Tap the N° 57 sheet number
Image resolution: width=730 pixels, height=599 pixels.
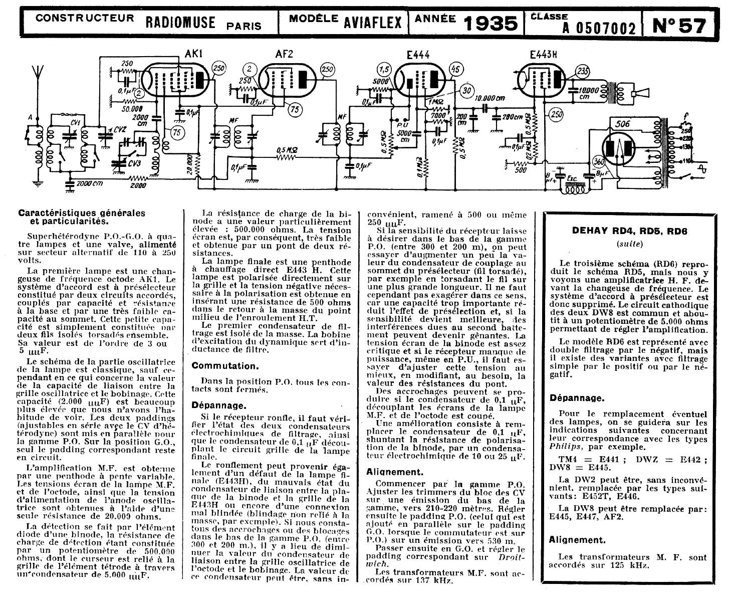[679, 25]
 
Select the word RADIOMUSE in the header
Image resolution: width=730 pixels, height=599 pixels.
[180, 22]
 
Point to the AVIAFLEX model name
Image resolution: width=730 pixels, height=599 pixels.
[373, 22]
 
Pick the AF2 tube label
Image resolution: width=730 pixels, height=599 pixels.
[284, 54]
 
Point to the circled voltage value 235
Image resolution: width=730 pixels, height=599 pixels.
[583, 71]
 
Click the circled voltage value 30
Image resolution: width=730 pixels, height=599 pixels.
[466, 91]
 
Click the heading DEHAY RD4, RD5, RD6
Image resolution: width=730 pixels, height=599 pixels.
[630, 231]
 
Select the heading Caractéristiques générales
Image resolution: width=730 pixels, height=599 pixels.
[81, 213]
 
